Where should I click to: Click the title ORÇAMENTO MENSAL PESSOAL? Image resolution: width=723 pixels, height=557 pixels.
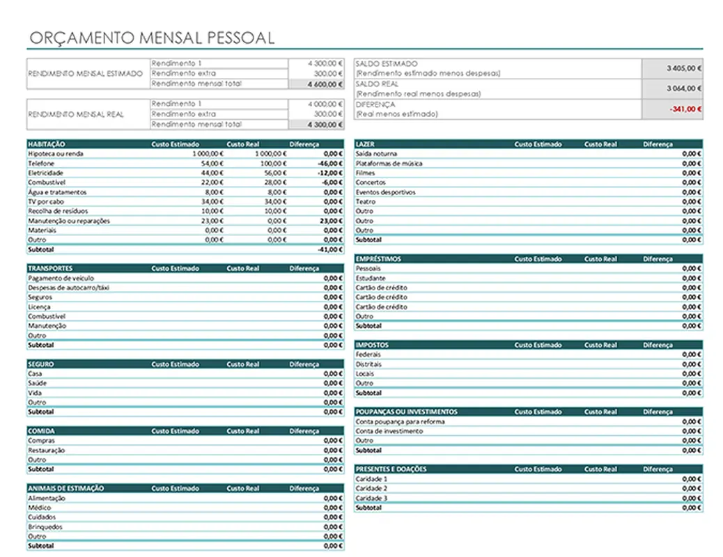[x=152, y=38]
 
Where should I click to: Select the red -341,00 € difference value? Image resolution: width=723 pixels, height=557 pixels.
[x=685, y=109]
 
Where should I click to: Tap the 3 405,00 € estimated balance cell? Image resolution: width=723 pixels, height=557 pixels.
[x=684, y=68]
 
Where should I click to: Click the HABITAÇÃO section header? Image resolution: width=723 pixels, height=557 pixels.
[x=42, y=144]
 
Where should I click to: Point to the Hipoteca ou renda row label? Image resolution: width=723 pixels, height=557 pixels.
[x=56, y=153]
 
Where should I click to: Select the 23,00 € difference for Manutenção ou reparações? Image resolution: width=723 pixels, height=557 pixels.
[x=332, y=221]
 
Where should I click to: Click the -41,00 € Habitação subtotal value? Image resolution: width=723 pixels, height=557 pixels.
[x=330, y=249]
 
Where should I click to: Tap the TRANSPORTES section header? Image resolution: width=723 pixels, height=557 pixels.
[x=50, y=268]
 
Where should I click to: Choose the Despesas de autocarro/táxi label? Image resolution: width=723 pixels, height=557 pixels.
[x=69, y=288]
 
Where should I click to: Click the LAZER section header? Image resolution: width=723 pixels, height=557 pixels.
[x=365, y=144]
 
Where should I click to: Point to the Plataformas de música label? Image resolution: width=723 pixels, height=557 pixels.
[x=389, y=164]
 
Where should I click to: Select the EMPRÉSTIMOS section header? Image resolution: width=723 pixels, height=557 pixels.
[x=378, y=259]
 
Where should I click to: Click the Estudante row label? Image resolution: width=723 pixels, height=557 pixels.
[x=371, y=278]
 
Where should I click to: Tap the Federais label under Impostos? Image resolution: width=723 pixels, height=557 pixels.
[x=368, y=354]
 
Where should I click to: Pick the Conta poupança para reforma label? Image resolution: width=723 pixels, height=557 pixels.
[x=400, y=421]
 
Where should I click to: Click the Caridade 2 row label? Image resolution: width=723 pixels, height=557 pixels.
[x=371, y=489]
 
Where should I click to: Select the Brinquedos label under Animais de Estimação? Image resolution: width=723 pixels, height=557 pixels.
[x=45, y=527]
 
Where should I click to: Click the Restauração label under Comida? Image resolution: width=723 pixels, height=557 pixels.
[x=47, y=450]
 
